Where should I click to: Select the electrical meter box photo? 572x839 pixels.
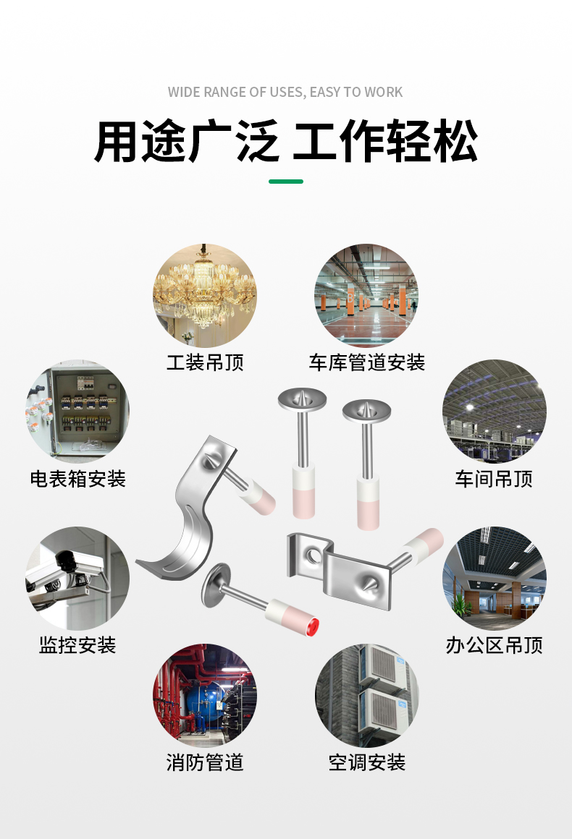(77, 412)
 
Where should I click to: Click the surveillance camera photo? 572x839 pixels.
(77, 578)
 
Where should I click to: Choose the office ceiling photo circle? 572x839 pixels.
(495, 578)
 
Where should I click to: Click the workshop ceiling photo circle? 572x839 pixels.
(495, 412)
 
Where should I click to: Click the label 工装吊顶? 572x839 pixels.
(205, 362)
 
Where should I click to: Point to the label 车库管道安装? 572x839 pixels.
(366, 362)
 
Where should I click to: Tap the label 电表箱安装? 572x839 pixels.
(77, 479)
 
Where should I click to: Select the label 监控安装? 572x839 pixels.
(77, 645)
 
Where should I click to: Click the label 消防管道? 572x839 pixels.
(205, 762)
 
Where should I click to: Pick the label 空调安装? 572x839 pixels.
(366, 762)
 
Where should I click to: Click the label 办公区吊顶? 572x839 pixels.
(495, 645)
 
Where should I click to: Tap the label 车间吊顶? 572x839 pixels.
(495, 479)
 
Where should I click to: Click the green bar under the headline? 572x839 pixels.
(286, 182)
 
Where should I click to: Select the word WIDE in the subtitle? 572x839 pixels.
(184, 93)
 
